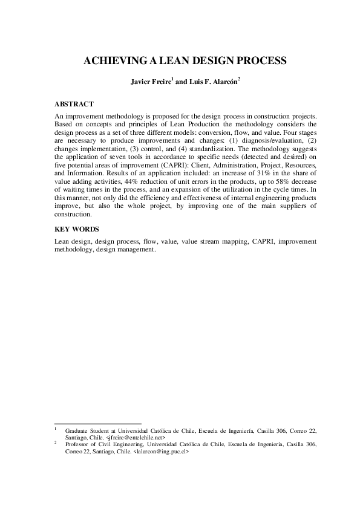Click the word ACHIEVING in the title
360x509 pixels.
(107, 60)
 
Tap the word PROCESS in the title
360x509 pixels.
(253, 60)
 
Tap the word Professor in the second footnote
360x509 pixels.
(77, 444)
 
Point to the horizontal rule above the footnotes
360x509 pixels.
(97, 424)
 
